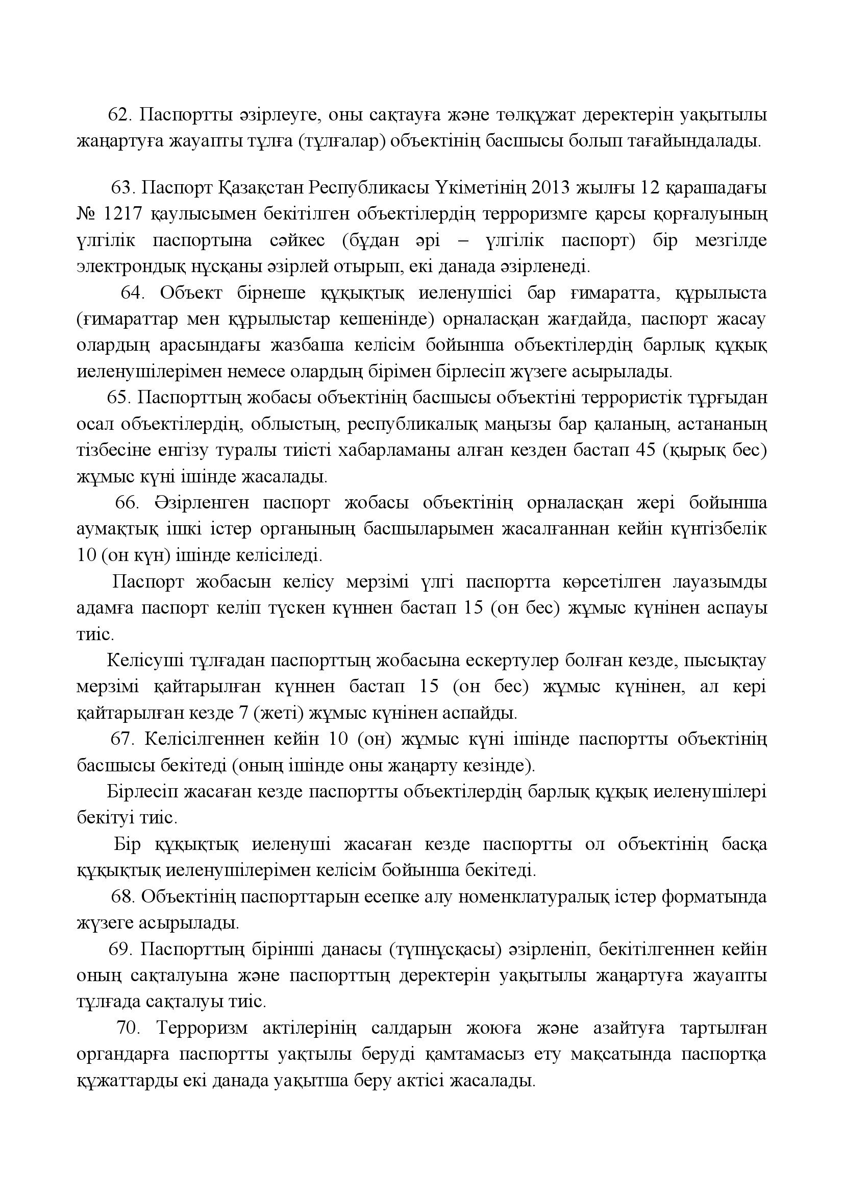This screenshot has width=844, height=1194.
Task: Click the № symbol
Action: point(85,214)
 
